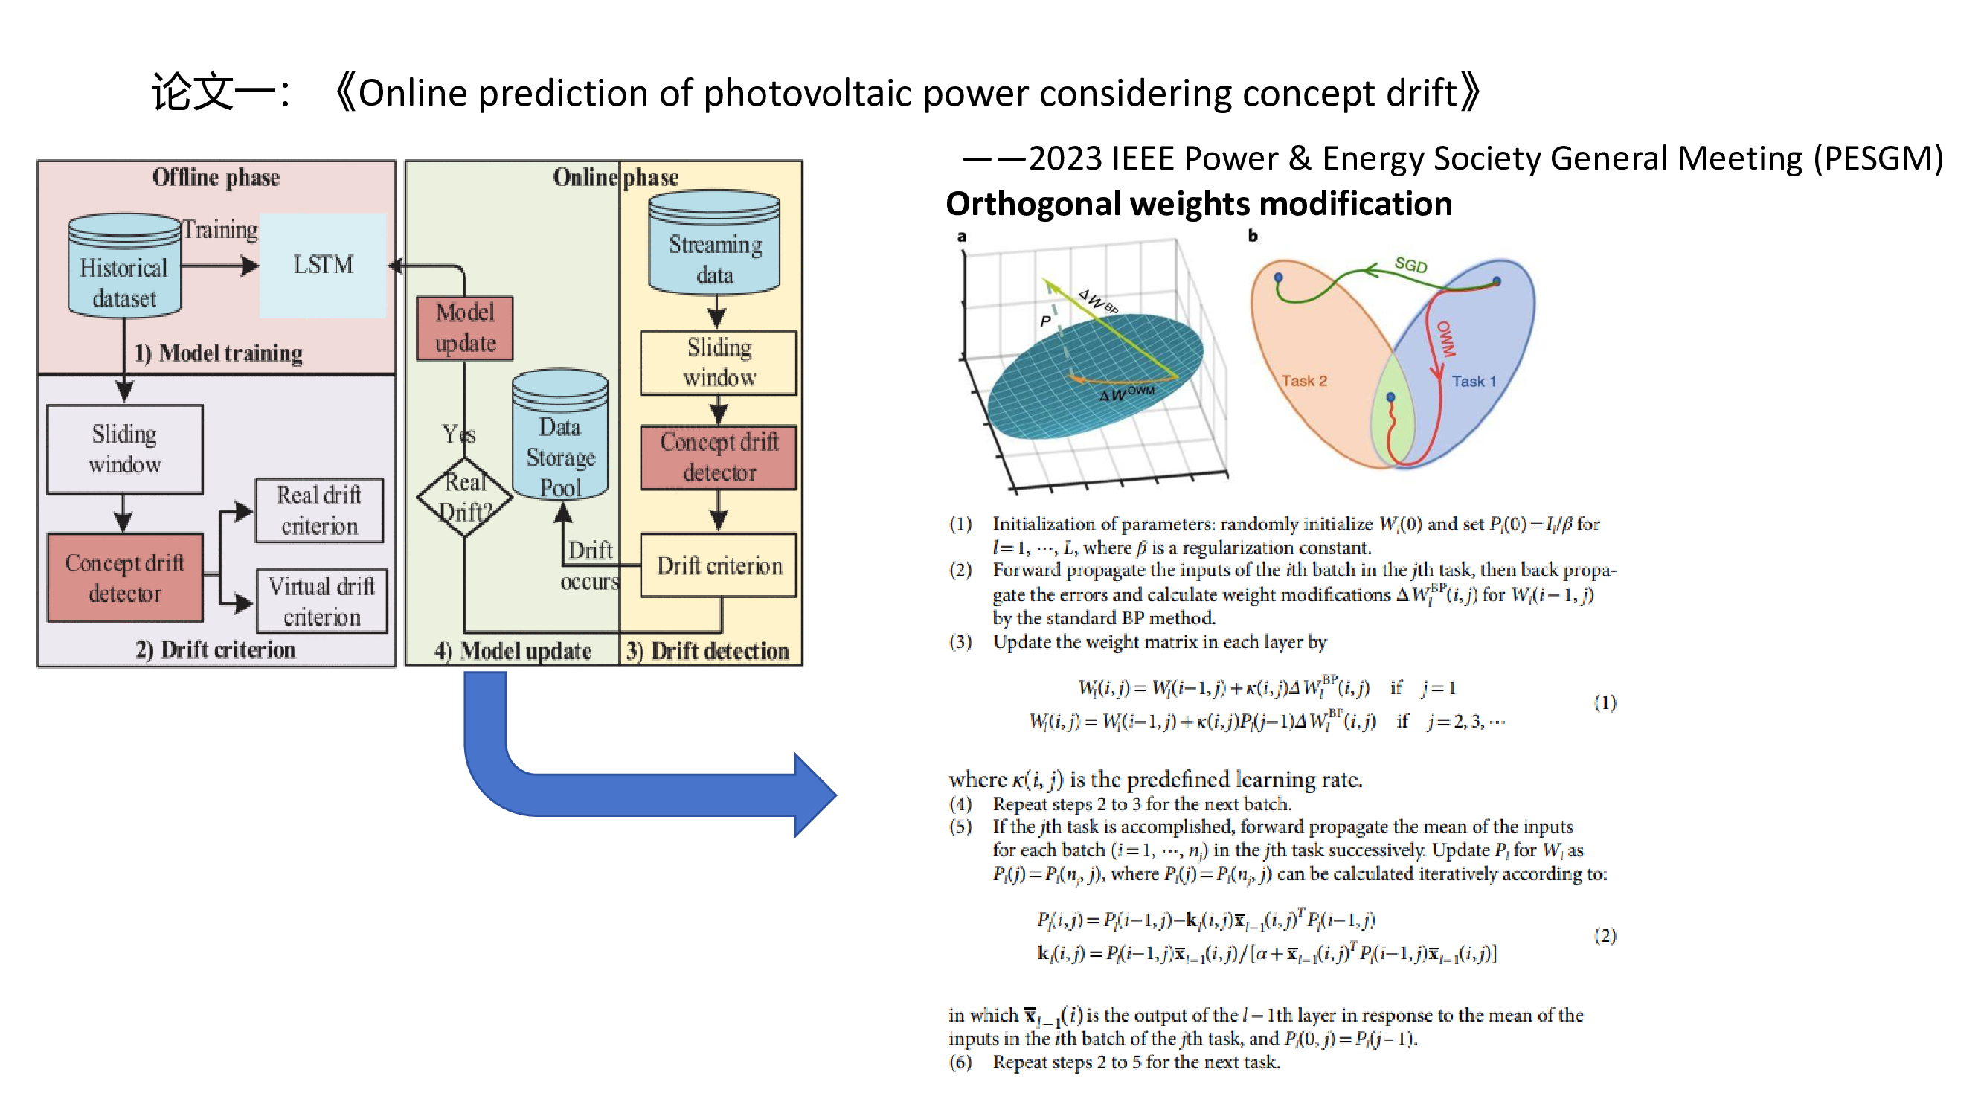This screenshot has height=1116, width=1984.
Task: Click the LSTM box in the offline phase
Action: [323, 265]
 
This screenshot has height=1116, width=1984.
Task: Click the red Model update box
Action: [465, 328]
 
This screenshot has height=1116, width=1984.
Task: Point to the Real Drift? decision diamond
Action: [465, 497]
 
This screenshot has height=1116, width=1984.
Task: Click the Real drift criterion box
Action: [319, 510]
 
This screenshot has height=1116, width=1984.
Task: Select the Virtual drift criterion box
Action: [321, 601]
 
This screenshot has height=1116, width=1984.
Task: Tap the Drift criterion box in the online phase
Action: [719, 566]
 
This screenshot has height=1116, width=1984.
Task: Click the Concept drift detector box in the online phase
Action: [719, 458]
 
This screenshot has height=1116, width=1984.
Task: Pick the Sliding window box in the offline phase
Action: [125, 449]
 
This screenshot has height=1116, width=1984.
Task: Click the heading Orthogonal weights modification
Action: [1198, 204]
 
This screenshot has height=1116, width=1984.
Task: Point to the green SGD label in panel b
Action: [1410, 266]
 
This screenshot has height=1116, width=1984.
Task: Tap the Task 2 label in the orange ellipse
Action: [1304, 381]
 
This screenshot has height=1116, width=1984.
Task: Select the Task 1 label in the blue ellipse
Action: [1474, 381]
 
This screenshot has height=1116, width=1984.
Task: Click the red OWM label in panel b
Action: [1445, 339]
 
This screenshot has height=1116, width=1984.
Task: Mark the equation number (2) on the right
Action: [1605, 936]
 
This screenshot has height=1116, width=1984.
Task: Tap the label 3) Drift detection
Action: [707, 652]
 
